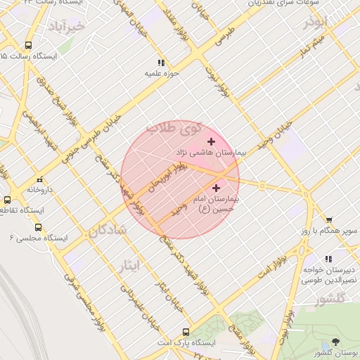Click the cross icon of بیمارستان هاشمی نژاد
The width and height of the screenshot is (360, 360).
[x=211, y=142]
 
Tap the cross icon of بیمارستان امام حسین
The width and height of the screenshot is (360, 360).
[x=216, y=188]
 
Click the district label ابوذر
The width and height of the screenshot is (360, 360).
[x=316, y=22]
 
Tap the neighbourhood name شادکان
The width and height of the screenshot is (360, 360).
[x=108, y=229]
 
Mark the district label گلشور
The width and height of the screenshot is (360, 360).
[x=332, y=298]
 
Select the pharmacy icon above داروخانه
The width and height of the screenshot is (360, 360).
[x=40, y=179]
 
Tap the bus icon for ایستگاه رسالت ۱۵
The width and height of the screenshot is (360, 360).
[x=28, y=45]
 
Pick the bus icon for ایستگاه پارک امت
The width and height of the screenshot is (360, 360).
[x=186, y=332]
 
